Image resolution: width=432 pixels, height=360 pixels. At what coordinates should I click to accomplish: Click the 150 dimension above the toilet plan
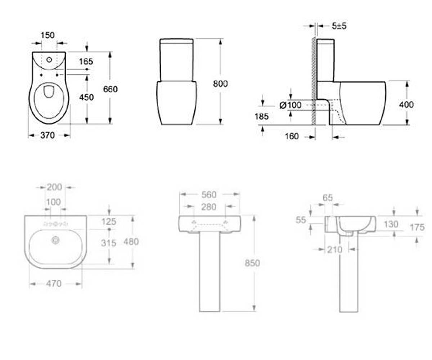pyautogui.click(x=48, y=35)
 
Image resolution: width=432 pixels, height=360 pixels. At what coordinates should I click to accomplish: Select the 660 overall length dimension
pyautogui.click(x=111, y=89)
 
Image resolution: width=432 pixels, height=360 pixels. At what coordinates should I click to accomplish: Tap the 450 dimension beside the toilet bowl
pyautogui.click(x=86, y=97)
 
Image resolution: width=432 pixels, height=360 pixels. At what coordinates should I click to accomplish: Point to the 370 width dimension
pyautogui.click(x=48, y=135)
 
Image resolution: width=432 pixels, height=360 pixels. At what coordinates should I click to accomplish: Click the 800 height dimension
pyautogui.click(x=220, y=84)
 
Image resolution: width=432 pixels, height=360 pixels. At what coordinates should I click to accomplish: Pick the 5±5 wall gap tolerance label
pyautogui.click(x=339, y=26)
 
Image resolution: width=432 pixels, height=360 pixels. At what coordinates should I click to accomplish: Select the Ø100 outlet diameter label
pyautogui.click(x=291, y=105)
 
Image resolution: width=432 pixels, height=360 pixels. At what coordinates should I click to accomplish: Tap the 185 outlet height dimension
pyautogui.click(x=261, y=117)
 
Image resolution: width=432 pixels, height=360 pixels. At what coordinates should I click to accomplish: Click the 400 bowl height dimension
pyautogui.click(x=406, y=105)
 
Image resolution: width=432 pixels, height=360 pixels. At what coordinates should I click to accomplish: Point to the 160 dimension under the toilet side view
pyautogui.click(x=292, y=136)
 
